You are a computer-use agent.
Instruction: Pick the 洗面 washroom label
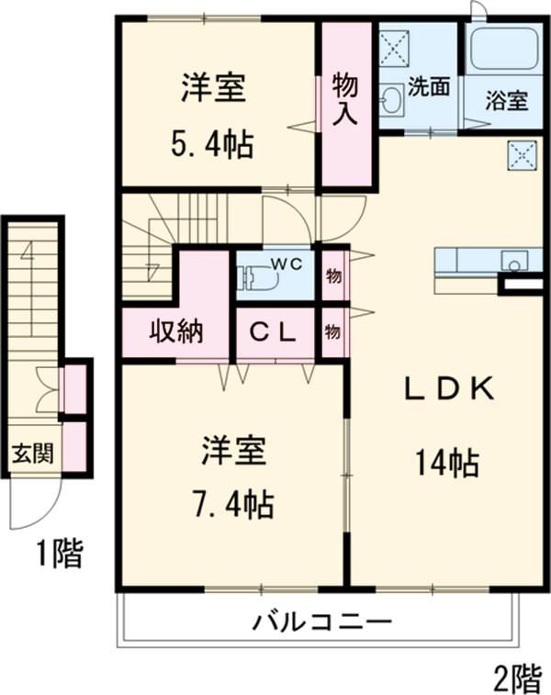pyautogui.click(x=429, y=87)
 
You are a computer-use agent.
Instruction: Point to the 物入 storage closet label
pyautogui.click(x=345, y=99)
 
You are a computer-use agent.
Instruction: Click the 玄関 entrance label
pyautogui.click(x=32, y=453)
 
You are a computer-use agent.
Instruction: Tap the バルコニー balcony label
pyautogui.click(x=323, y=622)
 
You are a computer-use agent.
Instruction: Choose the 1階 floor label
pyautogui.click(x=60, y=554)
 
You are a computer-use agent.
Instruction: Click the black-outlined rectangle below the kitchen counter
pyautogui.click(x=521, y=285)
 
